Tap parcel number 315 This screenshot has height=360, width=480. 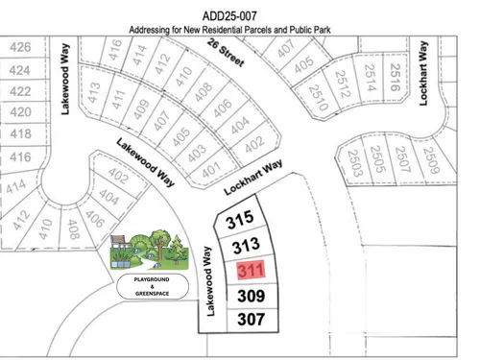pyautogui.click(x=239, y=220)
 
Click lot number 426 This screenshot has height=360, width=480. pyautogui.click(x=20, y=47)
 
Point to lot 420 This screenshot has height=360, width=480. pyautogui.click(x=20, y=112)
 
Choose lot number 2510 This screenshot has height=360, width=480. pyautogui.click(x=316, y=94)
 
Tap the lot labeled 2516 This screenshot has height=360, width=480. pyautogui.click(x=392, y=74)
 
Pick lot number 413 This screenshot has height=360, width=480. pyautogui.click(x=94, y=94)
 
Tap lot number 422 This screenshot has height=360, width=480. pyautogui.click(x=20, y=91)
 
